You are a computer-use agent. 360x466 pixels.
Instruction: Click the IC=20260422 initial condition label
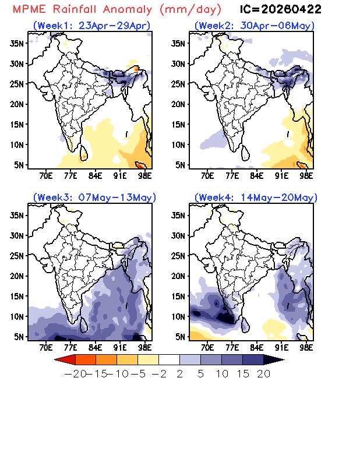pos(280,9)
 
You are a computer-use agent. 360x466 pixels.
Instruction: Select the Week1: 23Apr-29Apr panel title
pos(91,26)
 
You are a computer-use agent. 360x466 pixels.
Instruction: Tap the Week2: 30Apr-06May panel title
pos(254,26)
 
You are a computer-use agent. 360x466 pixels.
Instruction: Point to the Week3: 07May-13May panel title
pos(94,197)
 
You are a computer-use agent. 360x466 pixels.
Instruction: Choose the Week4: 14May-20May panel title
pos(256,197)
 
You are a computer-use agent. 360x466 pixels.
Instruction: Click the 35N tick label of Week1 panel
pos(17,43)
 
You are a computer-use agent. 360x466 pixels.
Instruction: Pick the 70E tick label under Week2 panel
pos(207,176)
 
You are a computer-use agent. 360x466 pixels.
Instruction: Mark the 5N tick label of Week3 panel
pos(19,337)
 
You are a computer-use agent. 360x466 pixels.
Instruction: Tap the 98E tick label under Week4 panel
pos(306,347)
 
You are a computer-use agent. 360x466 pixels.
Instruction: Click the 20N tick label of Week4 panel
pos(178,276)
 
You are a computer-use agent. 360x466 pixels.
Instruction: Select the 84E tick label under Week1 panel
pos(95,176)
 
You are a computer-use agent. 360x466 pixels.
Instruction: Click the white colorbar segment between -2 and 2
pos(169,359)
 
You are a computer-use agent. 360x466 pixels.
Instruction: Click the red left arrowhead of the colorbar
pos(65,359)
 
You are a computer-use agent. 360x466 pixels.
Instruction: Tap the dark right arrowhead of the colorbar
pos(274,359)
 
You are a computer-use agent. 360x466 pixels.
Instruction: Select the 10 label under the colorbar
pos(222,374)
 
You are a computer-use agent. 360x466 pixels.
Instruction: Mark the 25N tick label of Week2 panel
pos(178,84)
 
